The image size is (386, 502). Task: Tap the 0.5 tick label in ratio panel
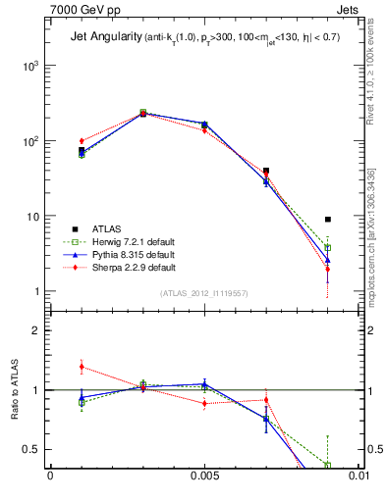coord(30,450)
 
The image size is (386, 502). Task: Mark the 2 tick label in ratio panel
coord(35,330)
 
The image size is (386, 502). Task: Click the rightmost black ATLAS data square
coord(328,220)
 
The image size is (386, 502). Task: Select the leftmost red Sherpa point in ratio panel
coord(82,367)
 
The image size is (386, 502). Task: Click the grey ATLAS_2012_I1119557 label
coord(204,293)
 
